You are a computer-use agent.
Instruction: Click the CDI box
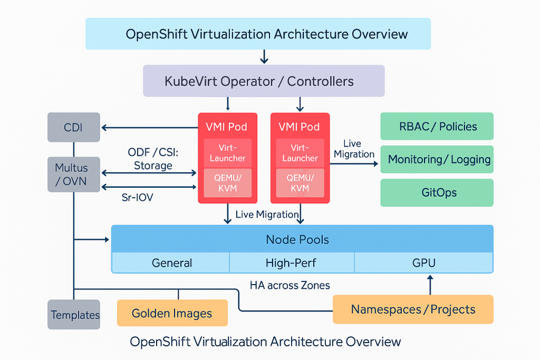[73, 127]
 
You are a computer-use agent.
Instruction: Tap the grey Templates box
[74, 315]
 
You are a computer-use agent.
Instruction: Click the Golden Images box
[172, 313]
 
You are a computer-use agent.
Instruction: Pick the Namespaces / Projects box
[413, 309]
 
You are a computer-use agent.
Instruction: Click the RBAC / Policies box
[437, 127]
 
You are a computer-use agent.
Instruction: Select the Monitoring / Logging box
[437, 159]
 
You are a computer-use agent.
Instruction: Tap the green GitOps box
[437, 192]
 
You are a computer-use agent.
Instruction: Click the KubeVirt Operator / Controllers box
[264, 81]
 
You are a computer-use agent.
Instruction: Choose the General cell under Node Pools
[171, 262]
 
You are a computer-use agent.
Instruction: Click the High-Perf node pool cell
[291, 262]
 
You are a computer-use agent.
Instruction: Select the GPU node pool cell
[423, 262]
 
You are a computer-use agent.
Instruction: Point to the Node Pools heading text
[297, 240]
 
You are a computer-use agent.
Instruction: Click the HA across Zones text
[290, 285]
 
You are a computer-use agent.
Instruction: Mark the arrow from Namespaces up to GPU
[430, 284]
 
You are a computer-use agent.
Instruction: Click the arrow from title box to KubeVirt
[264, 56]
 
